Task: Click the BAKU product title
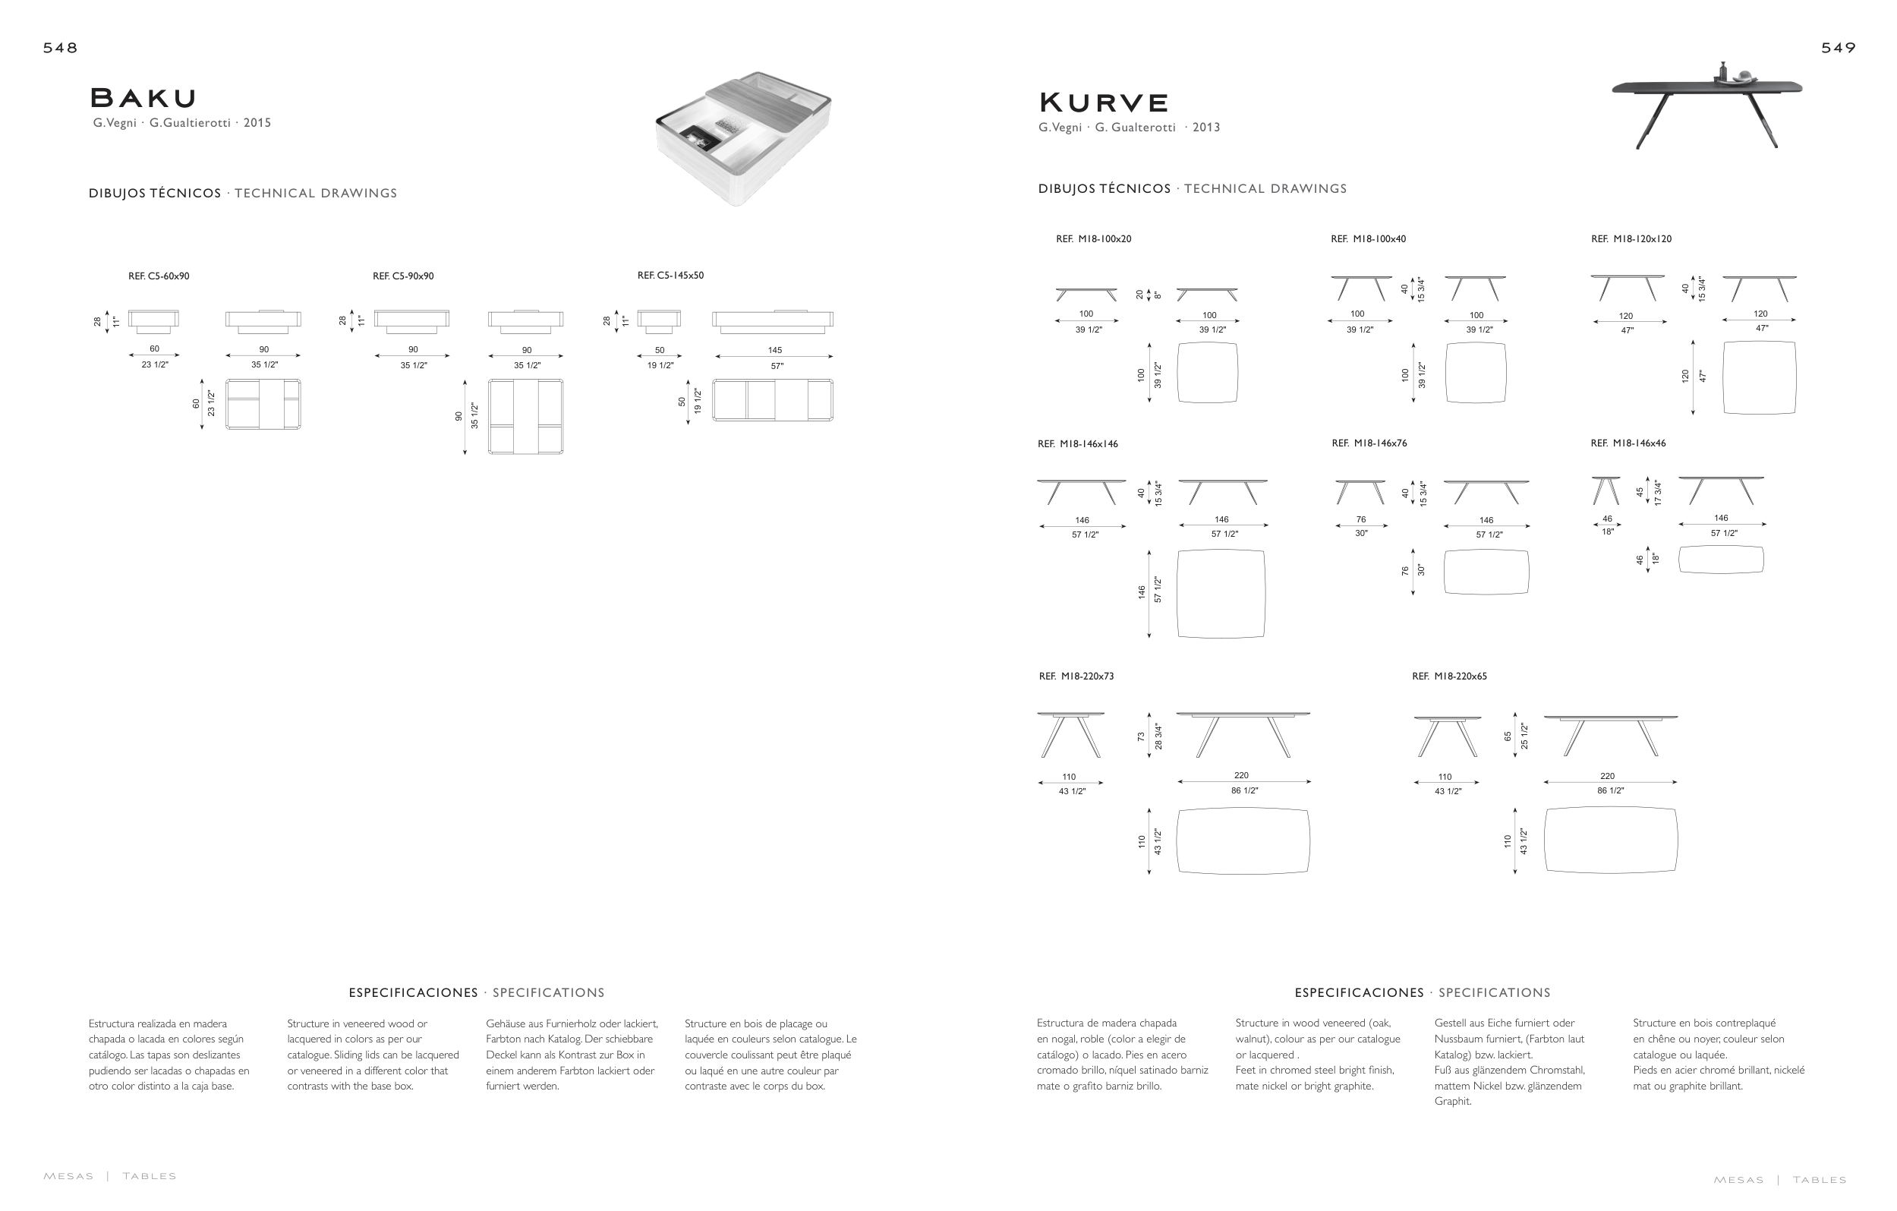tap(143, 99)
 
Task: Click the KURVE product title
tap(1103, 103)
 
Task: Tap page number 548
tap(61, 48)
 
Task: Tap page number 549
tap(1838, 48)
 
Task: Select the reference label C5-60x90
tap(159, 276)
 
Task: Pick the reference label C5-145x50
tap(670, 276)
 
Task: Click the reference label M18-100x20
tap(1093, 238)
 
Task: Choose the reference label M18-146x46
tap(1628, 443)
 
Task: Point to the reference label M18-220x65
tap(1450, 676)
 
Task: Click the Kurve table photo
tap(1707, 105)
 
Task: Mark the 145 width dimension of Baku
tap(774, 350)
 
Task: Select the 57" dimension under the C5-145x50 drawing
tap(777, 367)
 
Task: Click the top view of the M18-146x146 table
tap(1221, 593)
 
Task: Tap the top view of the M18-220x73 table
tap(1243, 840)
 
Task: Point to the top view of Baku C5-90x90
tap(525, 417)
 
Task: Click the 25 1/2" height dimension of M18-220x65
tap(1524, 736)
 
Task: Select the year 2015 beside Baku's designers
tap(257, 123)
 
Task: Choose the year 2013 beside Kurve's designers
tap(1206, 128)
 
